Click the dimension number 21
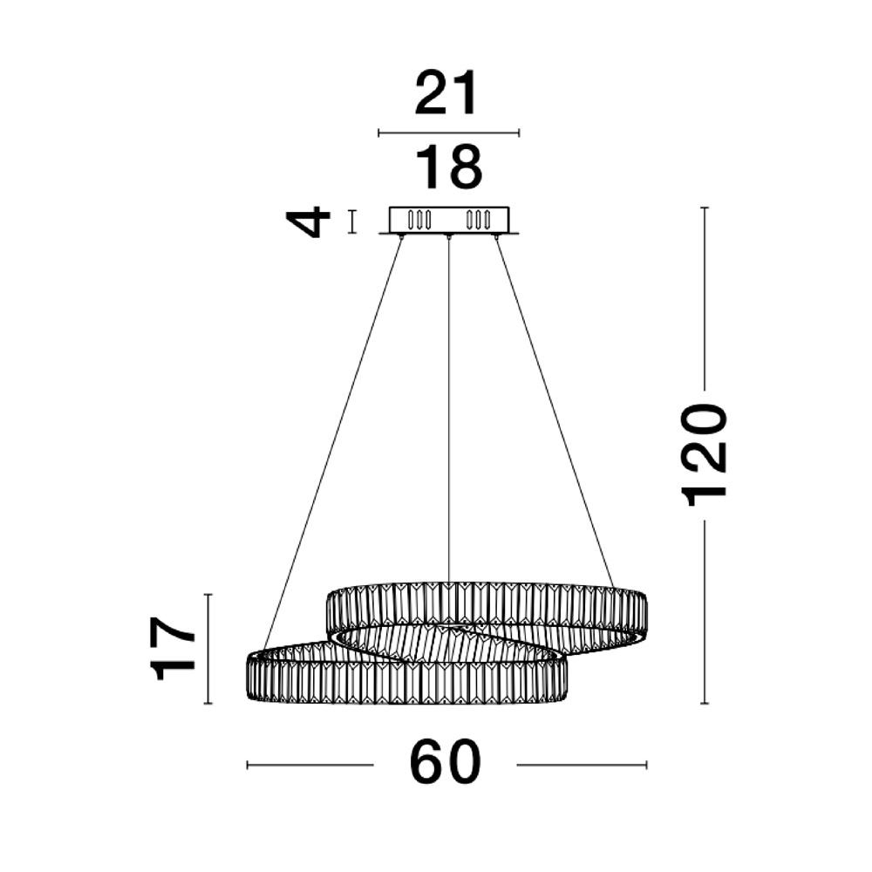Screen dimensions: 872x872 pos(446,94)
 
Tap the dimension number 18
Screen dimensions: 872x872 pos(448,167)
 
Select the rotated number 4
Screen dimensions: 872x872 pos(308,221)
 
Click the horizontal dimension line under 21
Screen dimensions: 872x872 pos(448,133)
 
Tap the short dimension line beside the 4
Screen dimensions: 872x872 pos(351,221)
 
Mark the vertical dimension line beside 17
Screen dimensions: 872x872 pos(208,649)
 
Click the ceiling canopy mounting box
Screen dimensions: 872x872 pos(449,221)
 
